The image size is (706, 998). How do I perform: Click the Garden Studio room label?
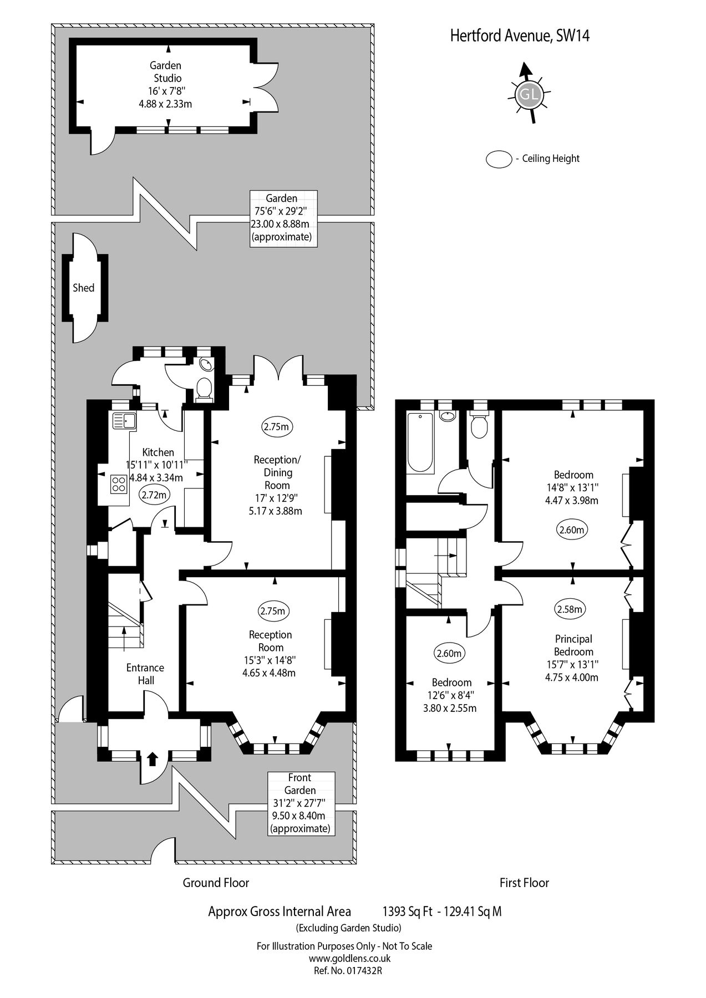click(167, 72)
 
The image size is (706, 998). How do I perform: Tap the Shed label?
click(84, 288)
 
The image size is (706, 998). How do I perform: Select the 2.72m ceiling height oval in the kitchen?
click(154, 495)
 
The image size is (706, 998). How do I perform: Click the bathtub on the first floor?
click(420, 450)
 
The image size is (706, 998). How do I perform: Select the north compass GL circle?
click(527, 94)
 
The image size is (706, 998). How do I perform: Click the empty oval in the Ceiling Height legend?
click(499, 159)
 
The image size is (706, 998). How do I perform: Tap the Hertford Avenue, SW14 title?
click(519, 37)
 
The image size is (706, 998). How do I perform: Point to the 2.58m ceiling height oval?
click(570, 609)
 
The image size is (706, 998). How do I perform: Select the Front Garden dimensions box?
click(300, 803)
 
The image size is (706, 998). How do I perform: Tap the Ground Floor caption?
click(216, 882)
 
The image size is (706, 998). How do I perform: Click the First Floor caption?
click(524, 882)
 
